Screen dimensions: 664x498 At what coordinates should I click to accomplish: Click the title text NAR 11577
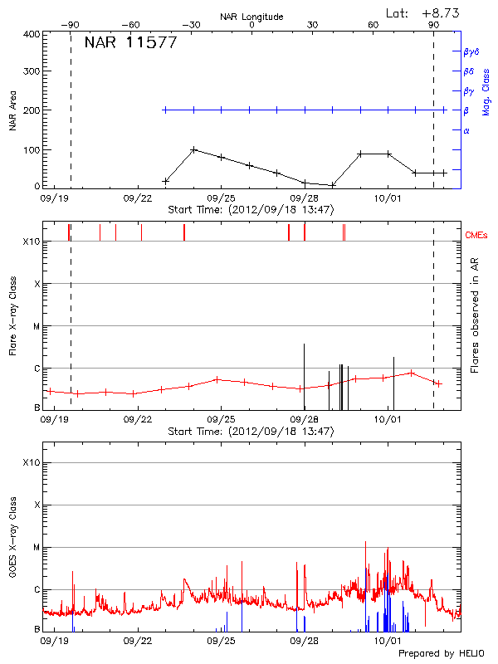[130, 43]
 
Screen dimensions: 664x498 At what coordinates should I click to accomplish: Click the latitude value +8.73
[441, 12]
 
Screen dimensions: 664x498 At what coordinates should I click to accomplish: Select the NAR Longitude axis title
[251, 17]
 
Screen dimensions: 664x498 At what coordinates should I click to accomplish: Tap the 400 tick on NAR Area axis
[32, 35]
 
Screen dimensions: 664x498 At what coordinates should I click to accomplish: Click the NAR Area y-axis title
[12, 111]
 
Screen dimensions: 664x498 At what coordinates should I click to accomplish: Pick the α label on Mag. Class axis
[466, 130]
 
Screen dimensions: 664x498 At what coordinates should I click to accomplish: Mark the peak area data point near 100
[193, 150]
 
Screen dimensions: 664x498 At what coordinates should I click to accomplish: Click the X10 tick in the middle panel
[32, 242]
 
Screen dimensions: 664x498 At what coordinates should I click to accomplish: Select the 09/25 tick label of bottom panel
[221, 641]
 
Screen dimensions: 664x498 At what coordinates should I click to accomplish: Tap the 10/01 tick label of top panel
[388, 198]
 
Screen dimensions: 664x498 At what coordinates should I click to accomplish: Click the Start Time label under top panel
[251, 210]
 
